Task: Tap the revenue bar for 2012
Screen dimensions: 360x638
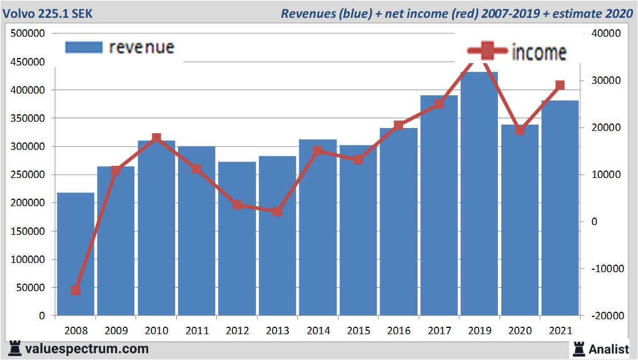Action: coord(237,238)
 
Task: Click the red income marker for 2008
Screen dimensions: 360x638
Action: coord(75,291)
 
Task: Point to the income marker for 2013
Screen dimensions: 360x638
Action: coord(277,211)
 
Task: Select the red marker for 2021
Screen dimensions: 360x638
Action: coord(560,86)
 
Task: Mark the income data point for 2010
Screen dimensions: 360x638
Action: coord(156,138)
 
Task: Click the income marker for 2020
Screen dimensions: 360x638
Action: coord(520,130)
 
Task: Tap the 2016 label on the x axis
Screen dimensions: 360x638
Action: coord(399,331)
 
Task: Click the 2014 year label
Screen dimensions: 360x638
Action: coord(318,331)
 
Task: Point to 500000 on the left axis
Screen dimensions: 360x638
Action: coord(28,34)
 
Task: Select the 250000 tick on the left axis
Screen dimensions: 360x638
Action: coord(28,175)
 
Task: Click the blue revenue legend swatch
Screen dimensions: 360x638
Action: coord(84,47)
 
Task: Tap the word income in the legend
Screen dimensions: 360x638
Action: coord(539,52)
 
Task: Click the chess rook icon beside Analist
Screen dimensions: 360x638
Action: coord(578,348)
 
